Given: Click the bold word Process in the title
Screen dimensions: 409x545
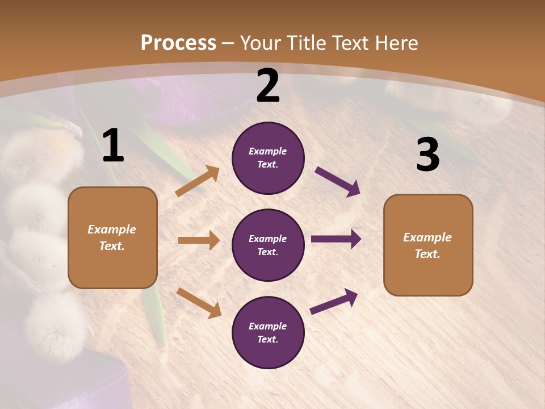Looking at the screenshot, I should pos(178,43).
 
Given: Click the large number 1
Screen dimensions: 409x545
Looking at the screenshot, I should pos(113,146).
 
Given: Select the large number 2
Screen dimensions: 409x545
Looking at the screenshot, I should pos(268,86).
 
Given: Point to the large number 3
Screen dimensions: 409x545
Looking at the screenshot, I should pos(427,155).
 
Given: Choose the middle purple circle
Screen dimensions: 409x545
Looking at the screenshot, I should pos(268,245).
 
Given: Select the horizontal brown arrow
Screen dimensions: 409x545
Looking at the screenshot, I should pos(199,240).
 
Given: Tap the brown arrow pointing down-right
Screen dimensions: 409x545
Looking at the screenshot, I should pos(199,303).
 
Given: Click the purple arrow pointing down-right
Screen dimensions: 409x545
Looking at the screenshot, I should pos(338,182).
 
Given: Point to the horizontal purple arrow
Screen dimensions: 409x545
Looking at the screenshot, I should pos(336,239).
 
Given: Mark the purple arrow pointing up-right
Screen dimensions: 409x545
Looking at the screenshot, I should pos(334,302).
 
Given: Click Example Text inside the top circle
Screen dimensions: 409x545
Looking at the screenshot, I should pos(268,158).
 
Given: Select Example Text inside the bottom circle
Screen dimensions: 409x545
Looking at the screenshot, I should pos(268,333).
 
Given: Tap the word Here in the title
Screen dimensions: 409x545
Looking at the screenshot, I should pos(397,43).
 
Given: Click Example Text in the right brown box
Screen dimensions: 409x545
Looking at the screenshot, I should pos(427,245).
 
